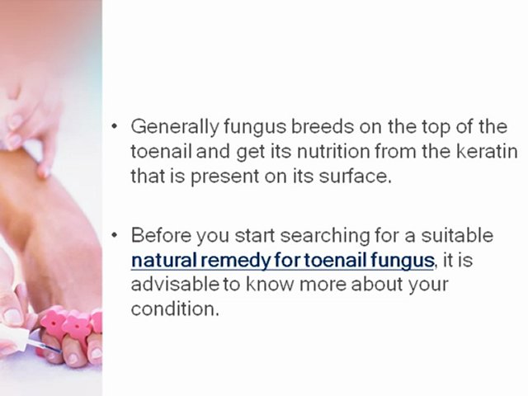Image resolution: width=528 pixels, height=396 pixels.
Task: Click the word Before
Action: click(160, 235)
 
